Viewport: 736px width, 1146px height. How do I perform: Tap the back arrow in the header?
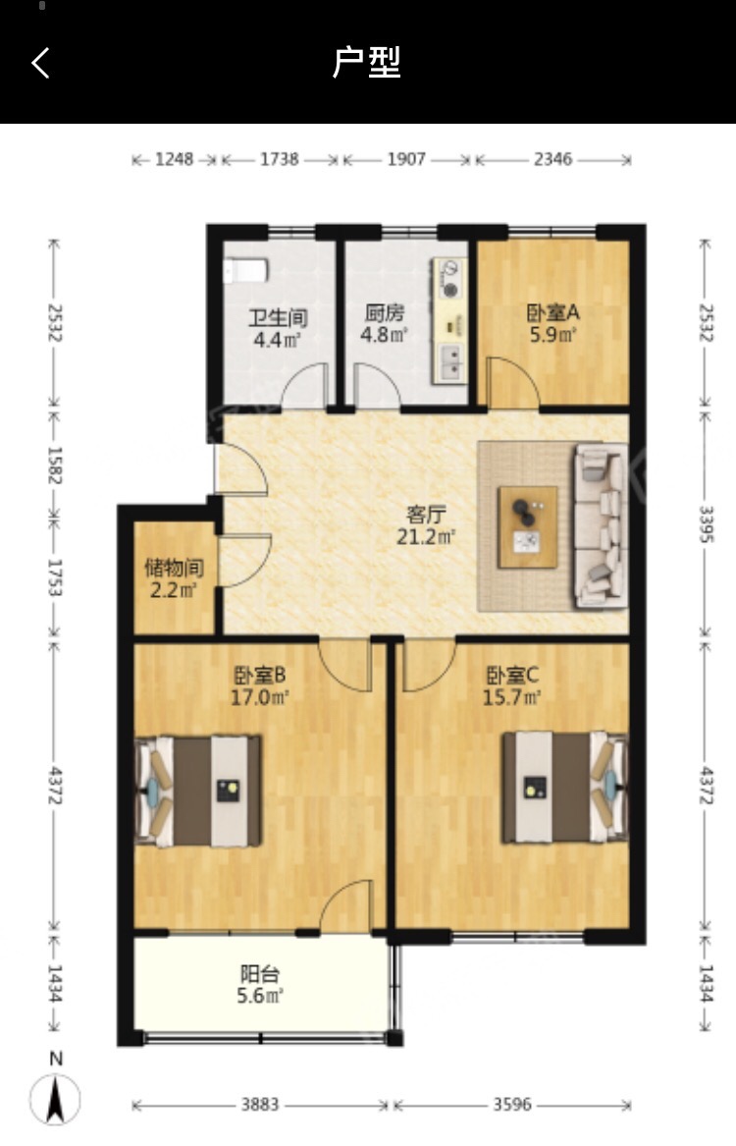[x=41, y=63]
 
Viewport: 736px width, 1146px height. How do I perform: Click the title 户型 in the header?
[x=367, y=63]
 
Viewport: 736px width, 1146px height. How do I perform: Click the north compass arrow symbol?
[x=56, y=1099]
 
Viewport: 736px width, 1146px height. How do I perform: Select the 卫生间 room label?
[x=278, y=318]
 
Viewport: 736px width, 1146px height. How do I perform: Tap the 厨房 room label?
[x=384, y=313]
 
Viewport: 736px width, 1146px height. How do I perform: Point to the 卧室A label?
[x=552, y=313]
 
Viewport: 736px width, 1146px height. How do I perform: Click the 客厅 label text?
[x=426, y=515]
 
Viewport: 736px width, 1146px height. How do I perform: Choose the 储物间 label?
[x=174, y=568]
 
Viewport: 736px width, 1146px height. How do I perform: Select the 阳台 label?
[x=260, y=973]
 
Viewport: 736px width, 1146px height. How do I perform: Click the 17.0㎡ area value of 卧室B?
[x=260, y=697]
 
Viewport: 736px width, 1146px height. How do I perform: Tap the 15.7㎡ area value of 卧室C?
[x=512, y=697]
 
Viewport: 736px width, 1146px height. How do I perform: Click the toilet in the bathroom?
[x=245, y=270]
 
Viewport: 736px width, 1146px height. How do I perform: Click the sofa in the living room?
[x=601, y=526]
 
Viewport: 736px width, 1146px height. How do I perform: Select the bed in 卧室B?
[x=198, y=791]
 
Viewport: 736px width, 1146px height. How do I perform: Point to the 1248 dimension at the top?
[x=175, y=159]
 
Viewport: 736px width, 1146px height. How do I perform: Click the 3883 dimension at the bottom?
[x=260, y=1105]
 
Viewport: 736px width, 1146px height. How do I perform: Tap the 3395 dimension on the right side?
[x=706, y=524]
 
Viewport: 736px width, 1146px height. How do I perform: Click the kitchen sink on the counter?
[x=449, y=361]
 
